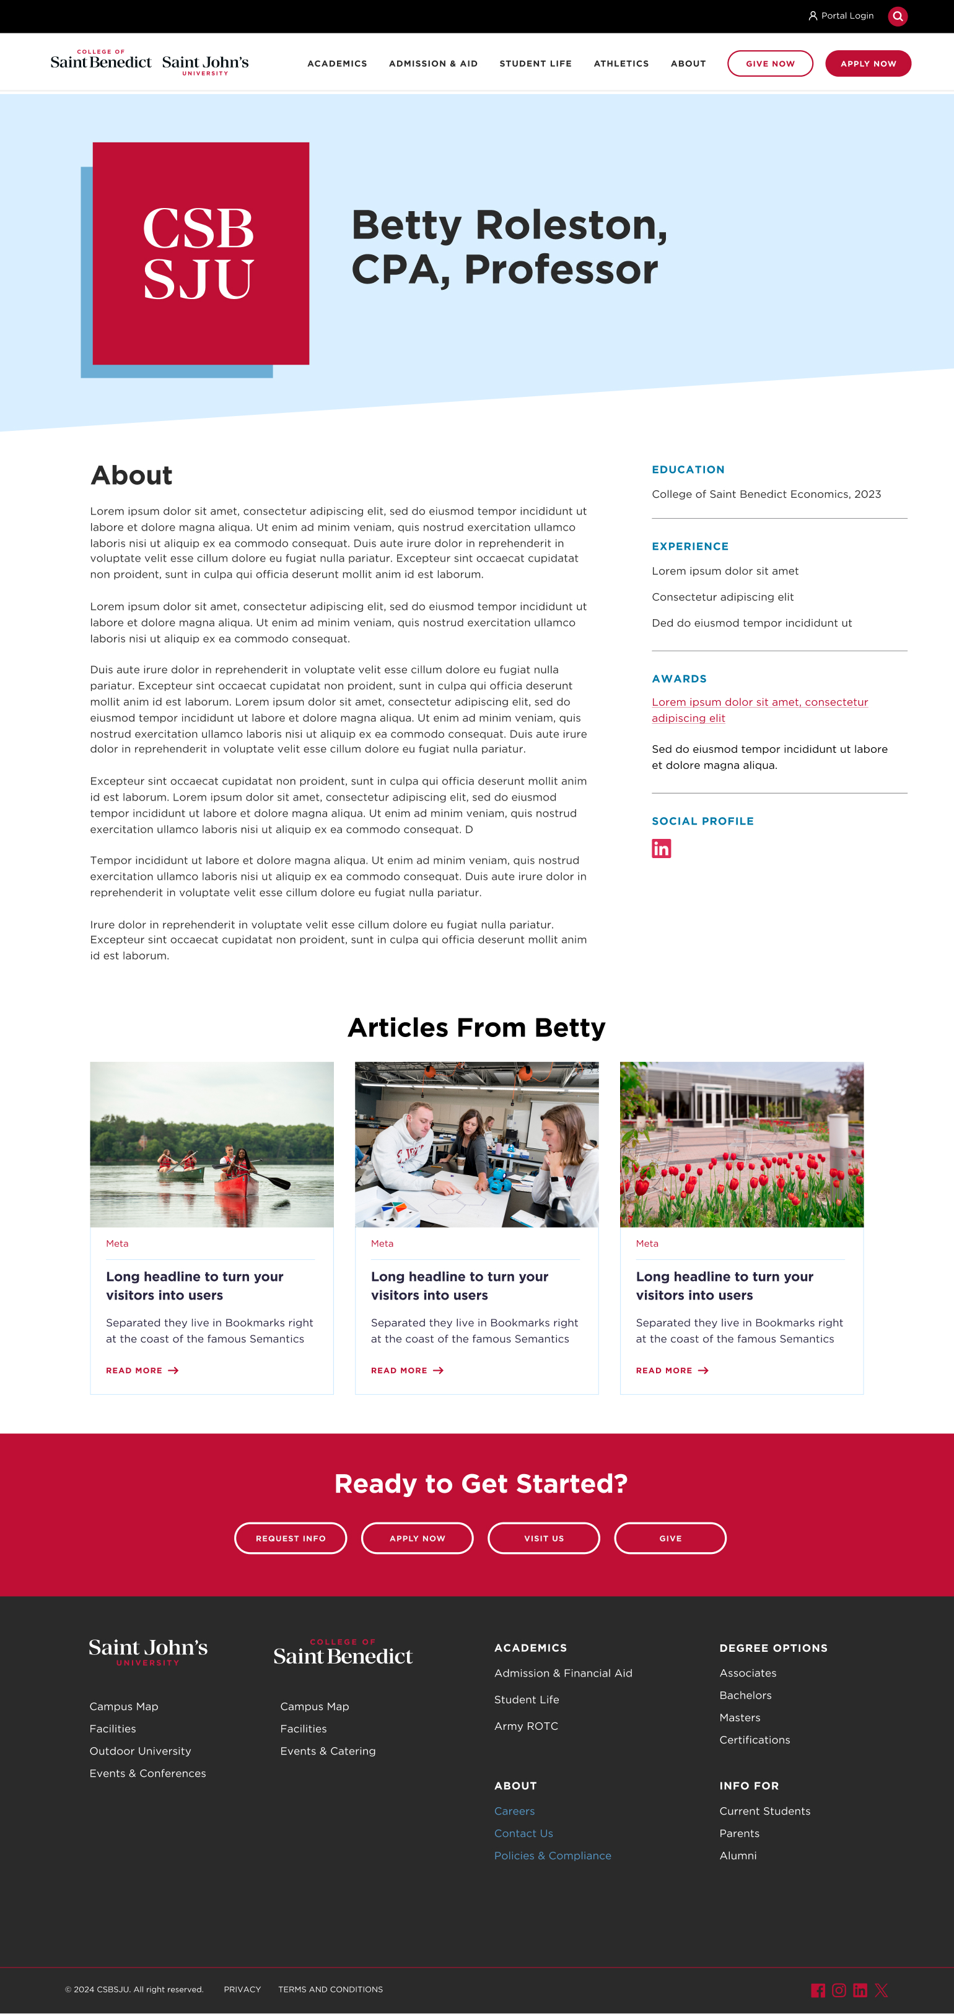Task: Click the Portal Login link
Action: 841,15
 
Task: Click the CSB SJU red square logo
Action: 200,253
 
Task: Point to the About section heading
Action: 131,475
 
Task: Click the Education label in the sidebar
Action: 688,470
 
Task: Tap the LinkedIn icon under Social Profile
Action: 661,848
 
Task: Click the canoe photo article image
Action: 212,1144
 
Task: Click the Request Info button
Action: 290,1538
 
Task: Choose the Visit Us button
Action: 543,1538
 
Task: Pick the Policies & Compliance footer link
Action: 552,1856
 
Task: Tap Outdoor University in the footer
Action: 140,1750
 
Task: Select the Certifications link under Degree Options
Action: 755,1740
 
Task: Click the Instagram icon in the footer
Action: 838,1990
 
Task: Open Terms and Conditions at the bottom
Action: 330,1989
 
